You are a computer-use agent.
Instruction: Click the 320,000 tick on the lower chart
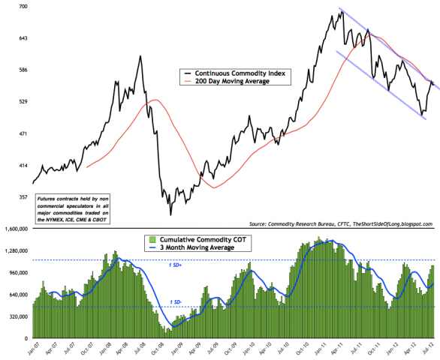pyautogui.click(x=17, y=317)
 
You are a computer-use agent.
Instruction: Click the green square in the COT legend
pyautogui.click(x=147, y=239)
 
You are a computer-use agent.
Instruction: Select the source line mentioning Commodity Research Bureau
pyautogui.click(x=342, y=224)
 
